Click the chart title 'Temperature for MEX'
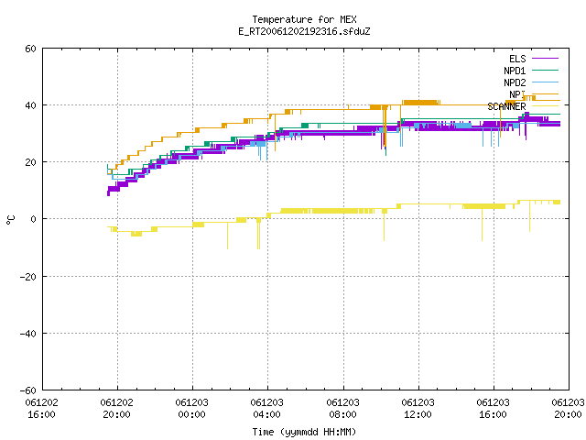(304, 19)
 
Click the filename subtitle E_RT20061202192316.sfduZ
(304, 31)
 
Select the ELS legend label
(517, 59)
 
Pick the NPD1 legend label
(515, 71)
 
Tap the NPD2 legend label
(515, 82)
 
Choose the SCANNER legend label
(506, 106)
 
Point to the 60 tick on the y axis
(30, 49)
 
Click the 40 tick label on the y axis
(30, 105)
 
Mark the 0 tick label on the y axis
(33, 219)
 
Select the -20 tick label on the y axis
(28, 277)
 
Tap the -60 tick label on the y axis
(28, 390)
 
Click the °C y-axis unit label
(10, 220)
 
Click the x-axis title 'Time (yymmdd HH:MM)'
(304, 432)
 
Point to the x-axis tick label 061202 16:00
(41, 409)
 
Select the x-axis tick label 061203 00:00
(191, 409)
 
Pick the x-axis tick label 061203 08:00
(342, 409)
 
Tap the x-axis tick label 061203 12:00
(418, 409)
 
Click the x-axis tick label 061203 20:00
(568, 409)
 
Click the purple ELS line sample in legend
(545, 59)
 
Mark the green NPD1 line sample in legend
(545, 70)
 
